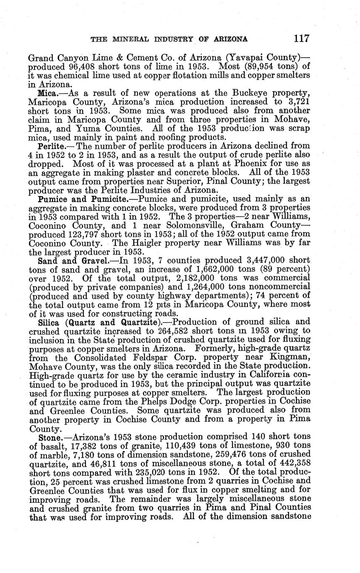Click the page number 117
click(301, 39)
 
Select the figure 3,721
click(296, 102)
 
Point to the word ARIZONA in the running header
click(230, 39)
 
